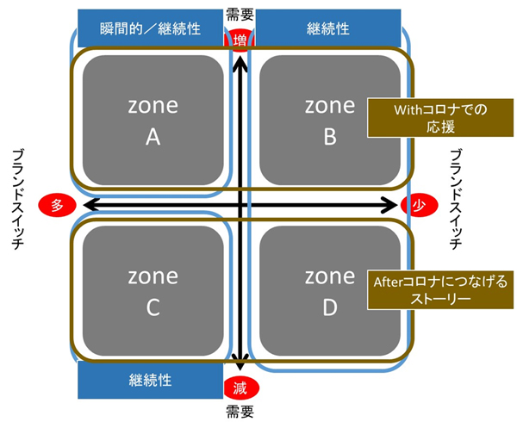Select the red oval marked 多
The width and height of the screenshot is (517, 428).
tap(58, 205)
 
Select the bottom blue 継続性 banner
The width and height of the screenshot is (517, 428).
tap(152, 379)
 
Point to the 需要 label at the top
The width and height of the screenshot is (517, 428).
tap(238, 13)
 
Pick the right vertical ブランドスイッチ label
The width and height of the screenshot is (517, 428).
tap(456, 198)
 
